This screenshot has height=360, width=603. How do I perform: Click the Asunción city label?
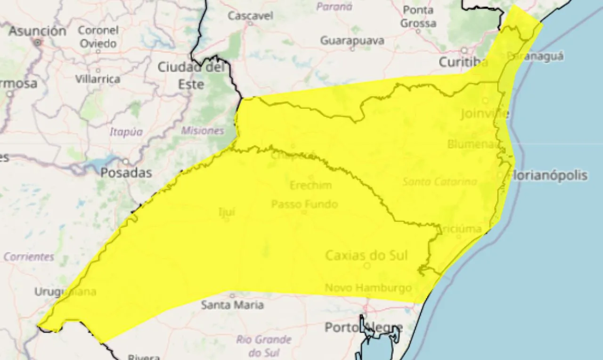click(x=37, y=31)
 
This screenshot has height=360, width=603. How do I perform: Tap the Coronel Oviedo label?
click(x=98, y=37)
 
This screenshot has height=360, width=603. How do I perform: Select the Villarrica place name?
click(x=98, y=79)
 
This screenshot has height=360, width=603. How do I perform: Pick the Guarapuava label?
click(x=352, y=41)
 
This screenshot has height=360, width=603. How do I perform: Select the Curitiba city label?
click(x=463, y=62)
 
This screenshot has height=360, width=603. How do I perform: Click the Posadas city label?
click(x=126, y=172)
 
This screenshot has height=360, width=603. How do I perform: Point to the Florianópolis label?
click(x=549, y=175)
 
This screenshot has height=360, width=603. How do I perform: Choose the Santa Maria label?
click(x=232, y=305)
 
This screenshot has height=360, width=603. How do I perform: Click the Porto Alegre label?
click(x=363, y=327)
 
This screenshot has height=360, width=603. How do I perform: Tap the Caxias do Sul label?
click(x=367, y=255)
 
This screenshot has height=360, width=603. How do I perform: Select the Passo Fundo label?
click(x=304, y=204)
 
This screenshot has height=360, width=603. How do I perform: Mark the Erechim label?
click(x=310, y=185)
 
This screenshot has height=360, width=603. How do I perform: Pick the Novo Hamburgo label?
click(x=368, y=287)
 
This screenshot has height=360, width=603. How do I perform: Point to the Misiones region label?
click(x=203, y=131)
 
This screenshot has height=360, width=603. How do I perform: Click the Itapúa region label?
click(x=126, y=132)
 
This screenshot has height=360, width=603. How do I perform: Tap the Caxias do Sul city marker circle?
click(x=367, y=266)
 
